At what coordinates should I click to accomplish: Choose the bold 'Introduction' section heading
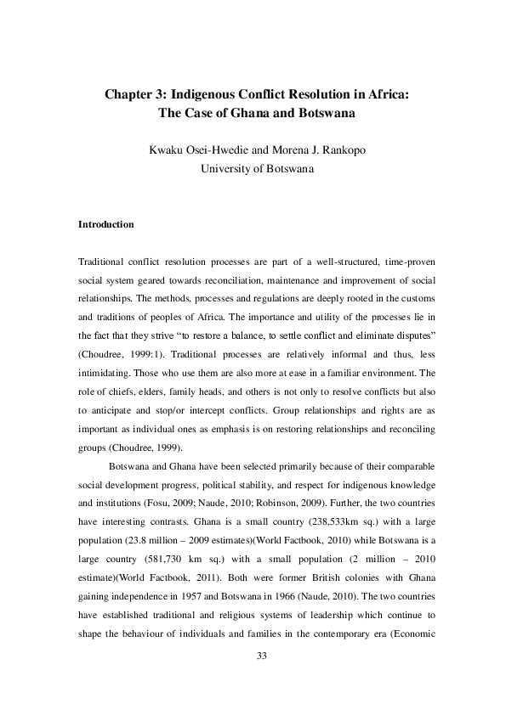105,225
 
